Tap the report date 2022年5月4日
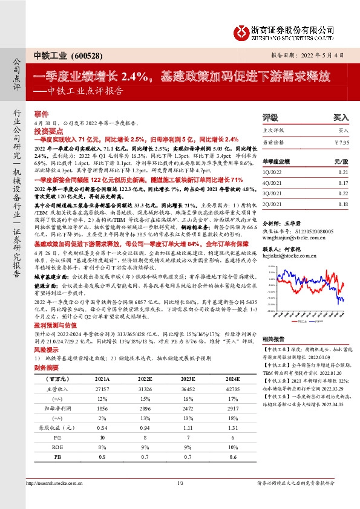pyautogui.click(x=327, y=54)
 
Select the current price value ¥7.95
pyautogui.click(x=341, y=142)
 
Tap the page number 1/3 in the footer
pyautogui.click(x=180, y=482)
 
